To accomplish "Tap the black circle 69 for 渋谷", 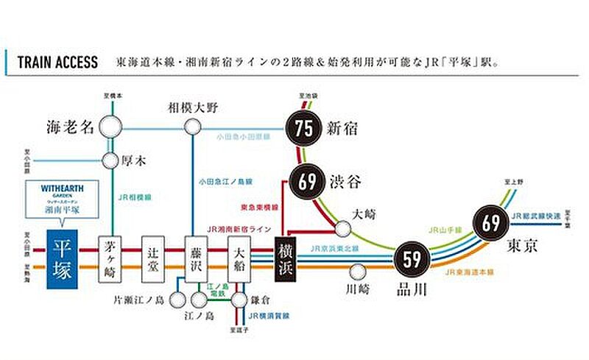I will click(308, 180).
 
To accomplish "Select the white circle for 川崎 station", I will click(359, 272).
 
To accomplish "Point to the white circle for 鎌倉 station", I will click(239, 300).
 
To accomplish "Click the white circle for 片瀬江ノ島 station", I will click(177, 300).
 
